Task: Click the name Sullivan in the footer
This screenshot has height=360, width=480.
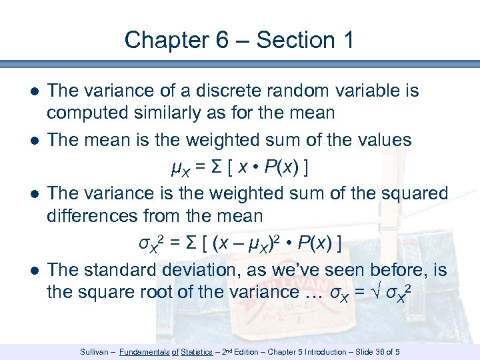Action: point(93,351)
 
